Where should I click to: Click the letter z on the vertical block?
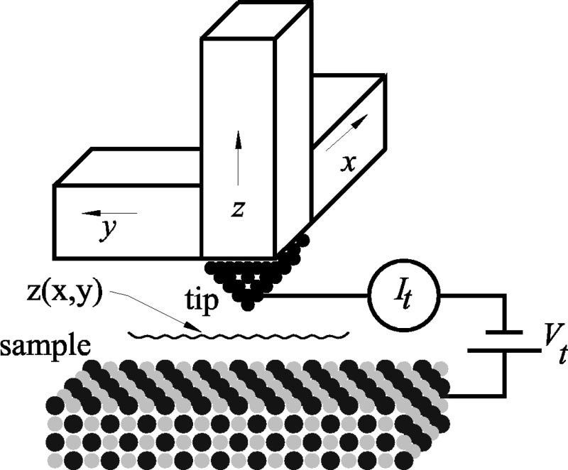[x=238, y=209]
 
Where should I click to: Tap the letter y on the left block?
[x=109, y=229]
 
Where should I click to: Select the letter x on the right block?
[x=348, y=164]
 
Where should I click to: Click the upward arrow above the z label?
[x=238, y=158]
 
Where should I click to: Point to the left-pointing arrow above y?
[x=109, y=213]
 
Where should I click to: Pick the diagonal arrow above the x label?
[x=347, y=133]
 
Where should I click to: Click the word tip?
[x=202, y=300]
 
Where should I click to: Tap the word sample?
[x=45, y=346]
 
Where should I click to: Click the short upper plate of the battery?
[x=504, y=332]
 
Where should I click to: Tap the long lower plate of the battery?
[x=504, y=351]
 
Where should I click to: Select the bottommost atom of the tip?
[x=247, y=304]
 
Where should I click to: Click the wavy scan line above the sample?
[x=239, y=335]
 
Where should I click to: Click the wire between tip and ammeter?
[x=315, y=296]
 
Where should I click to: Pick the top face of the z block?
[x=256, y=19]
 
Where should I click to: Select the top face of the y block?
[x=128, y=167]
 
